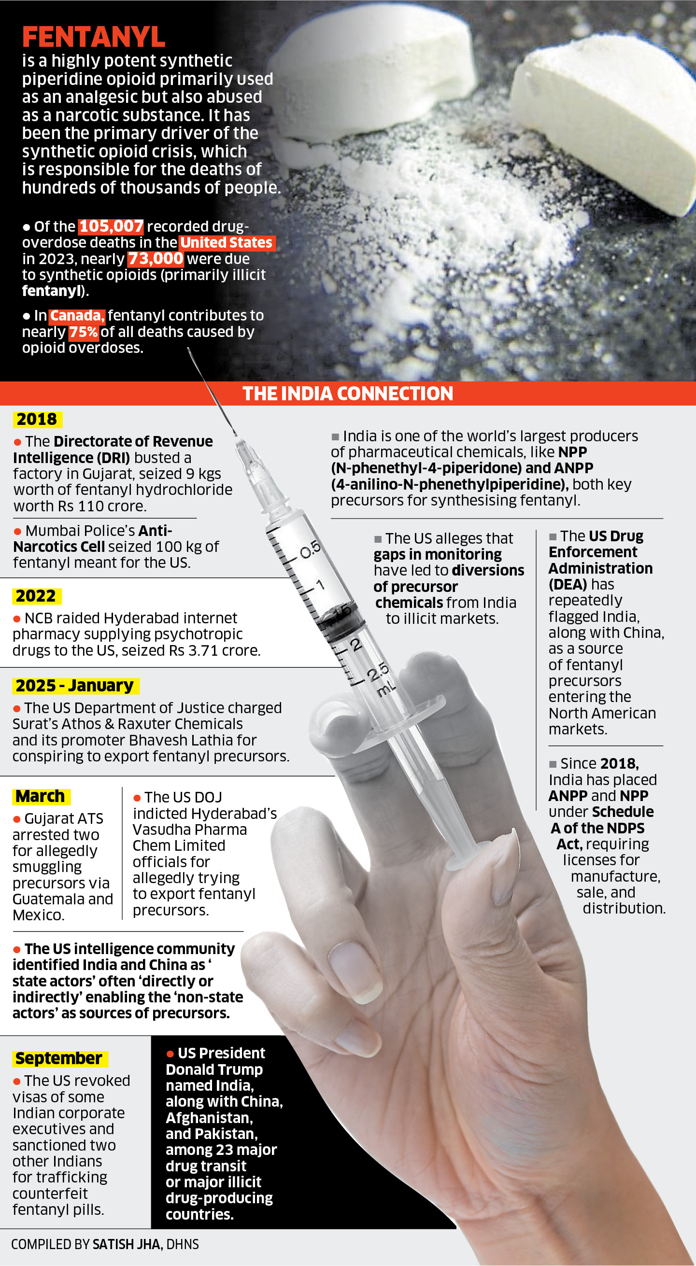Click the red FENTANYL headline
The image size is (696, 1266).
[x=93, y=37]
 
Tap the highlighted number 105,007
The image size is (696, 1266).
[x=111, y=226]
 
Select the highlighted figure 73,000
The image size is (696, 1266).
[x=156, y=258]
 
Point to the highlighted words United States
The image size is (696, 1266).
[x=227, y=242]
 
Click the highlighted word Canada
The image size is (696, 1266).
[x=77, y=315]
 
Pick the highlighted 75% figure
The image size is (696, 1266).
[x=84, y=332]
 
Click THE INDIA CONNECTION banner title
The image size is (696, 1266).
[x=347, y=394]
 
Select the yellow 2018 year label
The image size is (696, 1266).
[x=37, y=419]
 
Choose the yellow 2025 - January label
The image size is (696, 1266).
[x=75, y=686]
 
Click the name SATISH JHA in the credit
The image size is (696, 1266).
[x=127, y=1244]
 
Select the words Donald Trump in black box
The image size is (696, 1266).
[x=214, y=1069]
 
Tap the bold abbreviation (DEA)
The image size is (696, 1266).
[x=568, y=584]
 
